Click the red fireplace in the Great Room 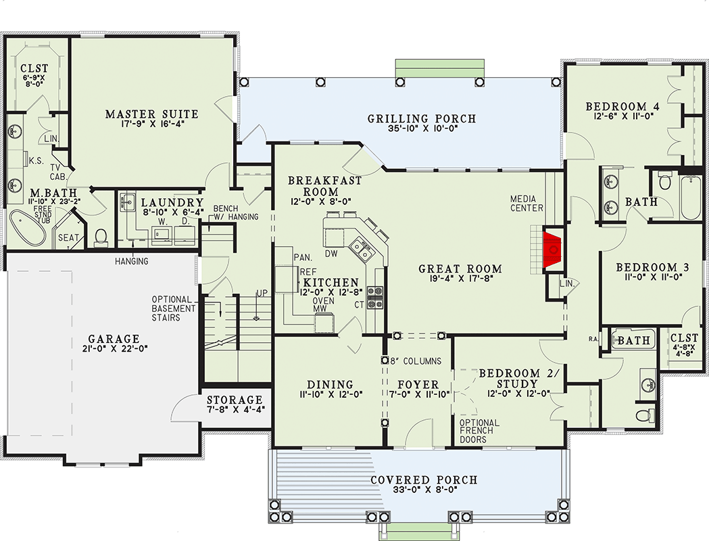[553, 252]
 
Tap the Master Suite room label [151, 114]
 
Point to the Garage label [113, 339]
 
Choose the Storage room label [234, 400]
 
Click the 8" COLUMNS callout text [415, 360]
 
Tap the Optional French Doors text [479, 431]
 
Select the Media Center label [527, 203]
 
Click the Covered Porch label [423, 480]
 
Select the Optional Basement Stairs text [174, 308]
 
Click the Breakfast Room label [324, 187]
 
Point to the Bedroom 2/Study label [517, 379]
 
